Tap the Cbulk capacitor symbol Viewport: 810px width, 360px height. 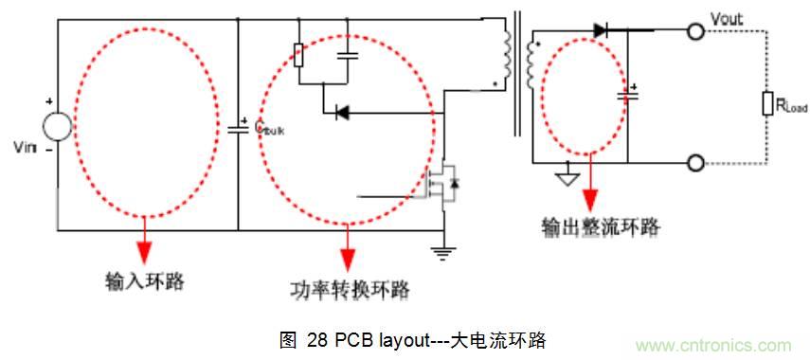coord(238,126)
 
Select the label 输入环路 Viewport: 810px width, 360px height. coord(144,281)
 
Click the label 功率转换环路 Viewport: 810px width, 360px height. coord(351,289)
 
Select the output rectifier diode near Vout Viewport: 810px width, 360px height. coord(602,30)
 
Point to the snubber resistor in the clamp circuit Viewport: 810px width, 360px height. coord(298,55)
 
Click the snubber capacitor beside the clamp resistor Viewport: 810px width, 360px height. coord(349,54)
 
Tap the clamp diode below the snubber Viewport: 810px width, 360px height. coord(342,113)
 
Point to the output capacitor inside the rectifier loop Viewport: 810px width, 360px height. coord(624,93)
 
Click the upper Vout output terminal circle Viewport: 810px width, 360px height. coord(696,31)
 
